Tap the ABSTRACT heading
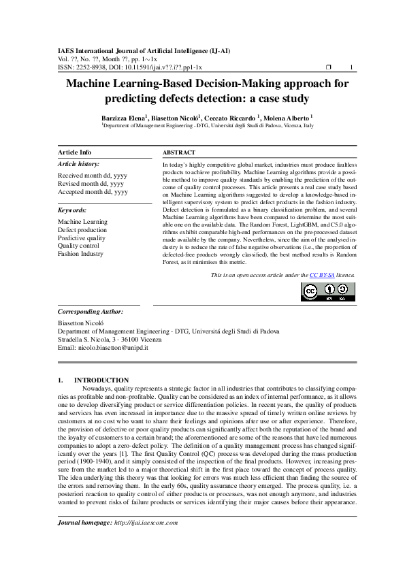point(180,153)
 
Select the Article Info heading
point(75,152)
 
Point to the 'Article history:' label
point(78,165)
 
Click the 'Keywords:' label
point(72,210)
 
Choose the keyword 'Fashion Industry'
point(81,254)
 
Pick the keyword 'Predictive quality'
point(82,238)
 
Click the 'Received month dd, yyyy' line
point(92,176)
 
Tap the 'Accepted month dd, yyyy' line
point(93,192)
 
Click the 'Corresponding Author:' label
point(91,311)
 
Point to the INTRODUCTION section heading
point(101,380)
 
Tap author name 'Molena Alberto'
point(285,118)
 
